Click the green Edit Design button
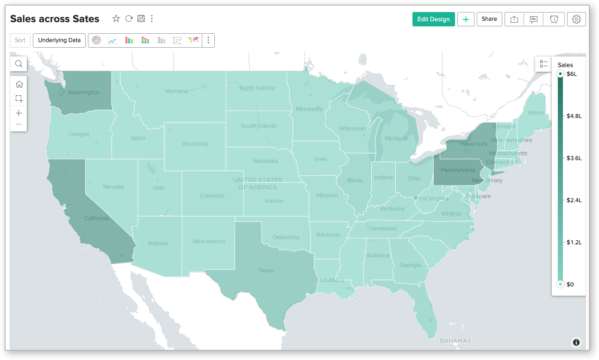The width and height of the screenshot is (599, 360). point(433,19)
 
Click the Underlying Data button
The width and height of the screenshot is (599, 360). point(59,40)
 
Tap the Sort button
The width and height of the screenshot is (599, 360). point(20,40)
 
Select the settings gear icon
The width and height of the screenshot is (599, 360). point(576,19)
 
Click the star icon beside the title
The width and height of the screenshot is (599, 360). point(116,19)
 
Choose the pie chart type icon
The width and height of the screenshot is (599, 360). point(96,40)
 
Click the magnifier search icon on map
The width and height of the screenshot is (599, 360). point(19,64)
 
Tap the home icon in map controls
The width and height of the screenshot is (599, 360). point(19,84)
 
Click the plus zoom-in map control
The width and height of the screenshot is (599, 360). point(19,113)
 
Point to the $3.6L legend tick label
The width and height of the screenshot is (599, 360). point(574,158)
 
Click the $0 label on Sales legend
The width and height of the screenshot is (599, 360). point(570,284)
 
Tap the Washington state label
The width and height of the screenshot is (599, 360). point(83,93)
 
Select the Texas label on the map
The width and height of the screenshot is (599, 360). point(266,270)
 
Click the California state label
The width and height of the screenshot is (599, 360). point(96,218)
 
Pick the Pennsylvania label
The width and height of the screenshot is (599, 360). point(457,170)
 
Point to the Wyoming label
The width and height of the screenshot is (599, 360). point(195,144)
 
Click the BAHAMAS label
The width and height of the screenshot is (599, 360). point(455,341)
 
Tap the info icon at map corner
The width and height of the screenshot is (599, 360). point(576,342)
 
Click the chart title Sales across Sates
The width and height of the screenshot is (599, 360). point(55,19)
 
